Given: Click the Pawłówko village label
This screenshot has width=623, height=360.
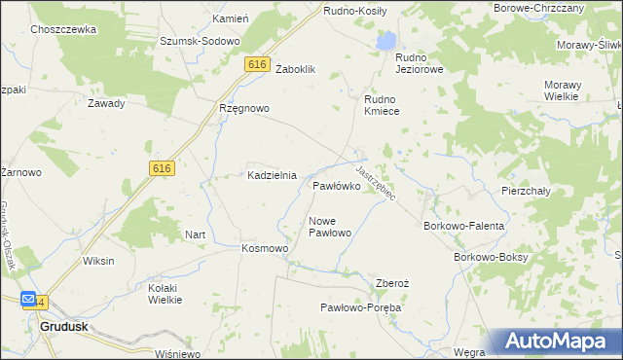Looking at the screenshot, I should (x=337, y=185).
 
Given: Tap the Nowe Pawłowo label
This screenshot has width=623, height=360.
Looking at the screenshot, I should (x=329, y=227).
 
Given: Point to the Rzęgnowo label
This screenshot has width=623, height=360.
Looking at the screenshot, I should (x=243, y=108).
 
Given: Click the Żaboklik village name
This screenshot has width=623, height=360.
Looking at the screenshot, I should (x=297, y=69).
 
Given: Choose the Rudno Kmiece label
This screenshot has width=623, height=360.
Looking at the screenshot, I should (x=388, y=105).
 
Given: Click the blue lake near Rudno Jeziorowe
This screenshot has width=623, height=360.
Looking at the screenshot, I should (x=387, y=41).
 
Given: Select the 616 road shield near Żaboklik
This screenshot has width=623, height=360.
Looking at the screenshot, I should (x=257, y=64).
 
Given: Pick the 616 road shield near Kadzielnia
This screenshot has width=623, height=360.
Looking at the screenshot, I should (x=162, y=168).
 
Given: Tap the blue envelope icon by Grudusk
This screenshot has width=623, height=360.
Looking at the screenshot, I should (x=28, y=301).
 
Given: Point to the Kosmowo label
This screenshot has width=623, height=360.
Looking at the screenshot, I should (x=265, y=248).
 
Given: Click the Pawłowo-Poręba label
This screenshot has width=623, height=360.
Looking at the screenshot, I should (x=361, y=307).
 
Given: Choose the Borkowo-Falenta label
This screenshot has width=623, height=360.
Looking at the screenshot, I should (x=463, y=226).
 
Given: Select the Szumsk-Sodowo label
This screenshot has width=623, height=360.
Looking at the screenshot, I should (x=202, y=42).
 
